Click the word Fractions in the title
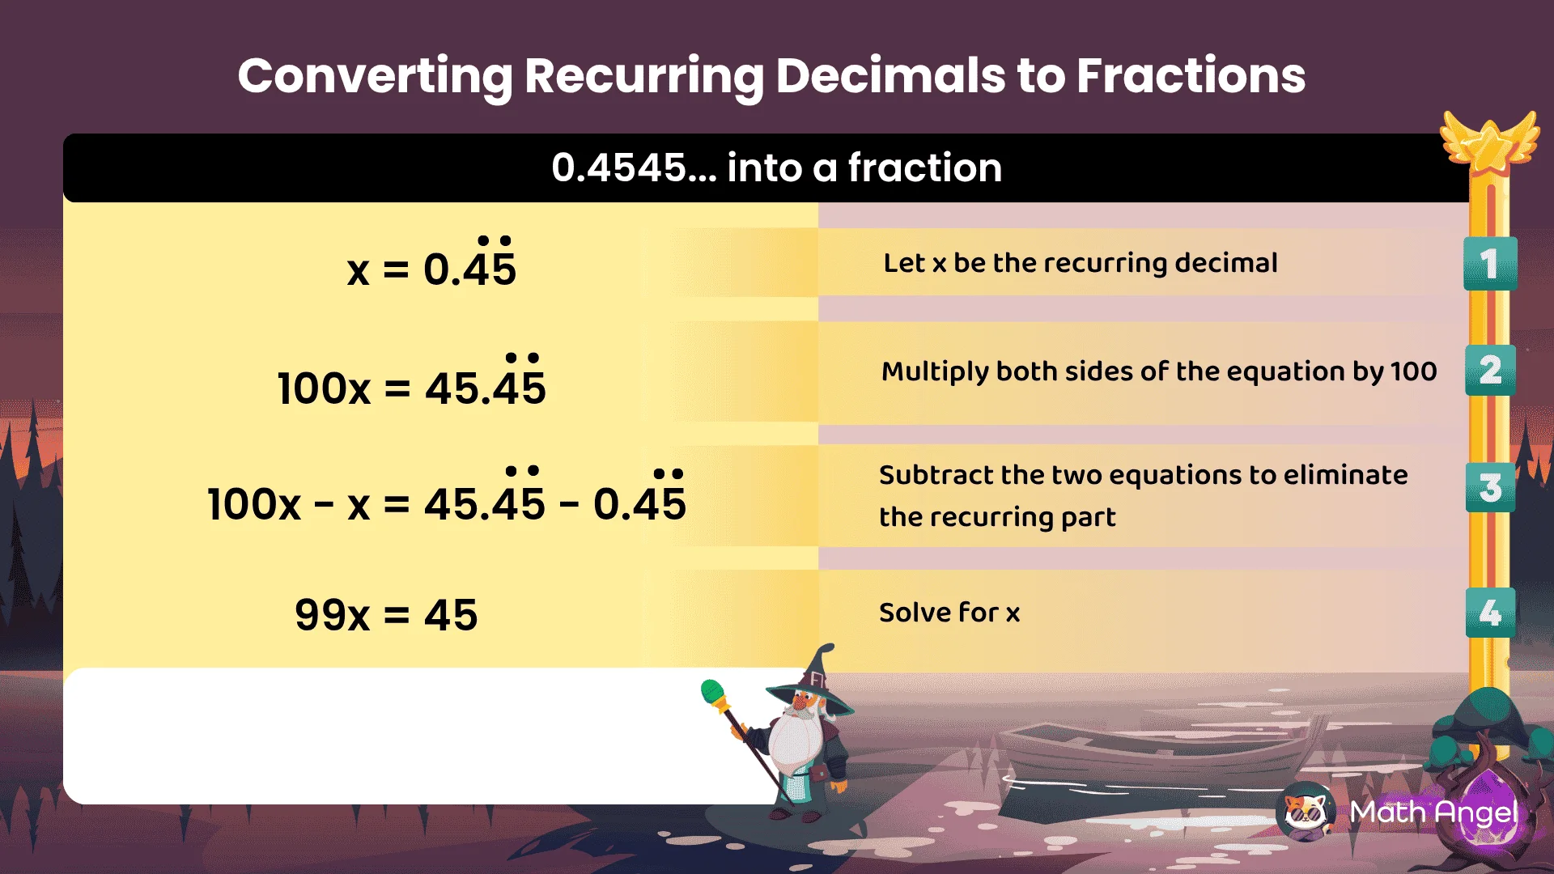1191,76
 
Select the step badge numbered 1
1489,264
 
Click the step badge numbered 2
1490,371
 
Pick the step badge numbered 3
1490,488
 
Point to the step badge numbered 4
1490,613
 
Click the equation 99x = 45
386,615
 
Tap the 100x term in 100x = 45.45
324,388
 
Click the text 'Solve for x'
949,613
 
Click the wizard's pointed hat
813,678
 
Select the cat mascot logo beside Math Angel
1306,811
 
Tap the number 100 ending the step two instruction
1413,371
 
